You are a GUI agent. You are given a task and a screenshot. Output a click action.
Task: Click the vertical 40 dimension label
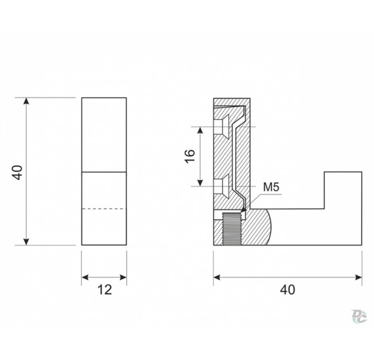[17, 172]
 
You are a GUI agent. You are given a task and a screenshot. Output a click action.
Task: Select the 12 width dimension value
[104, 290]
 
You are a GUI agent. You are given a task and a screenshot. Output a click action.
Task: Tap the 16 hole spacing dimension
[190, 156]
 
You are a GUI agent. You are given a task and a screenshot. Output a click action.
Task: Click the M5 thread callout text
[271, 187]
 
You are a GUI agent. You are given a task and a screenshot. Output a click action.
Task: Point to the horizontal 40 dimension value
[287, 290]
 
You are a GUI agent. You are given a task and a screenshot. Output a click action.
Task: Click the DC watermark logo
[359, 316]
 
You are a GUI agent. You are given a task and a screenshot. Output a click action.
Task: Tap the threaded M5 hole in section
[232, 229]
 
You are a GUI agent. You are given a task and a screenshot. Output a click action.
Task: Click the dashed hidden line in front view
[104, 209]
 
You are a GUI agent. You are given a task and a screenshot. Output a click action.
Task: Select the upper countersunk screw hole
[222, 127]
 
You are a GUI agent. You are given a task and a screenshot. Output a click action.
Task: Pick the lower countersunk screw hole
[222, 186]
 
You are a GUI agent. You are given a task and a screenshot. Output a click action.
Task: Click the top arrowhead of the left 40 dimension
[26, 101]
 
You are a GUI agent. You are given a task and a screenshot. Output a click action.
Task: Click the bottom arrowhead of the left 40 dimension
[26, 241]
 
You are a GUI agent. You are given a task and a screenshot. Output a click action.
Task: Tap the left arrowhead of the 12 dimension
[85, 277]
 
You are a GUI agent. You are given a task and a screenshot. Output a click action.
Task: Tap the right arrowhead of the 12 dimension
[123, 277]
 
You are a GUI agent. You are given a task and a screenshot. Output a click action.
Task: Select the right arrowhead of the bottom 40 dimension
[359, 277]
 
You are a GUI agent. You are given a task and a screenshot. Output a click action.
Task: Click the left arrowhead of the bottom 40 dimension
[217, 277]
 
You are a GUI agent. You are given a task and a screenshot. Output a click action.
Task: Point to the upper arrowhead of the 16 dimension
[201, 130]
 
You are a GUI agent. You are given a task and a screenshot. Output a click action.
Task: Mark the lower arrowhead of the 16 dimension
[201, 182]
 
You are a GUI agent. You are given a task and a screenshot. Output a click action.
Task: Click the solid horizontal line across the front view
[104, 172]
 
